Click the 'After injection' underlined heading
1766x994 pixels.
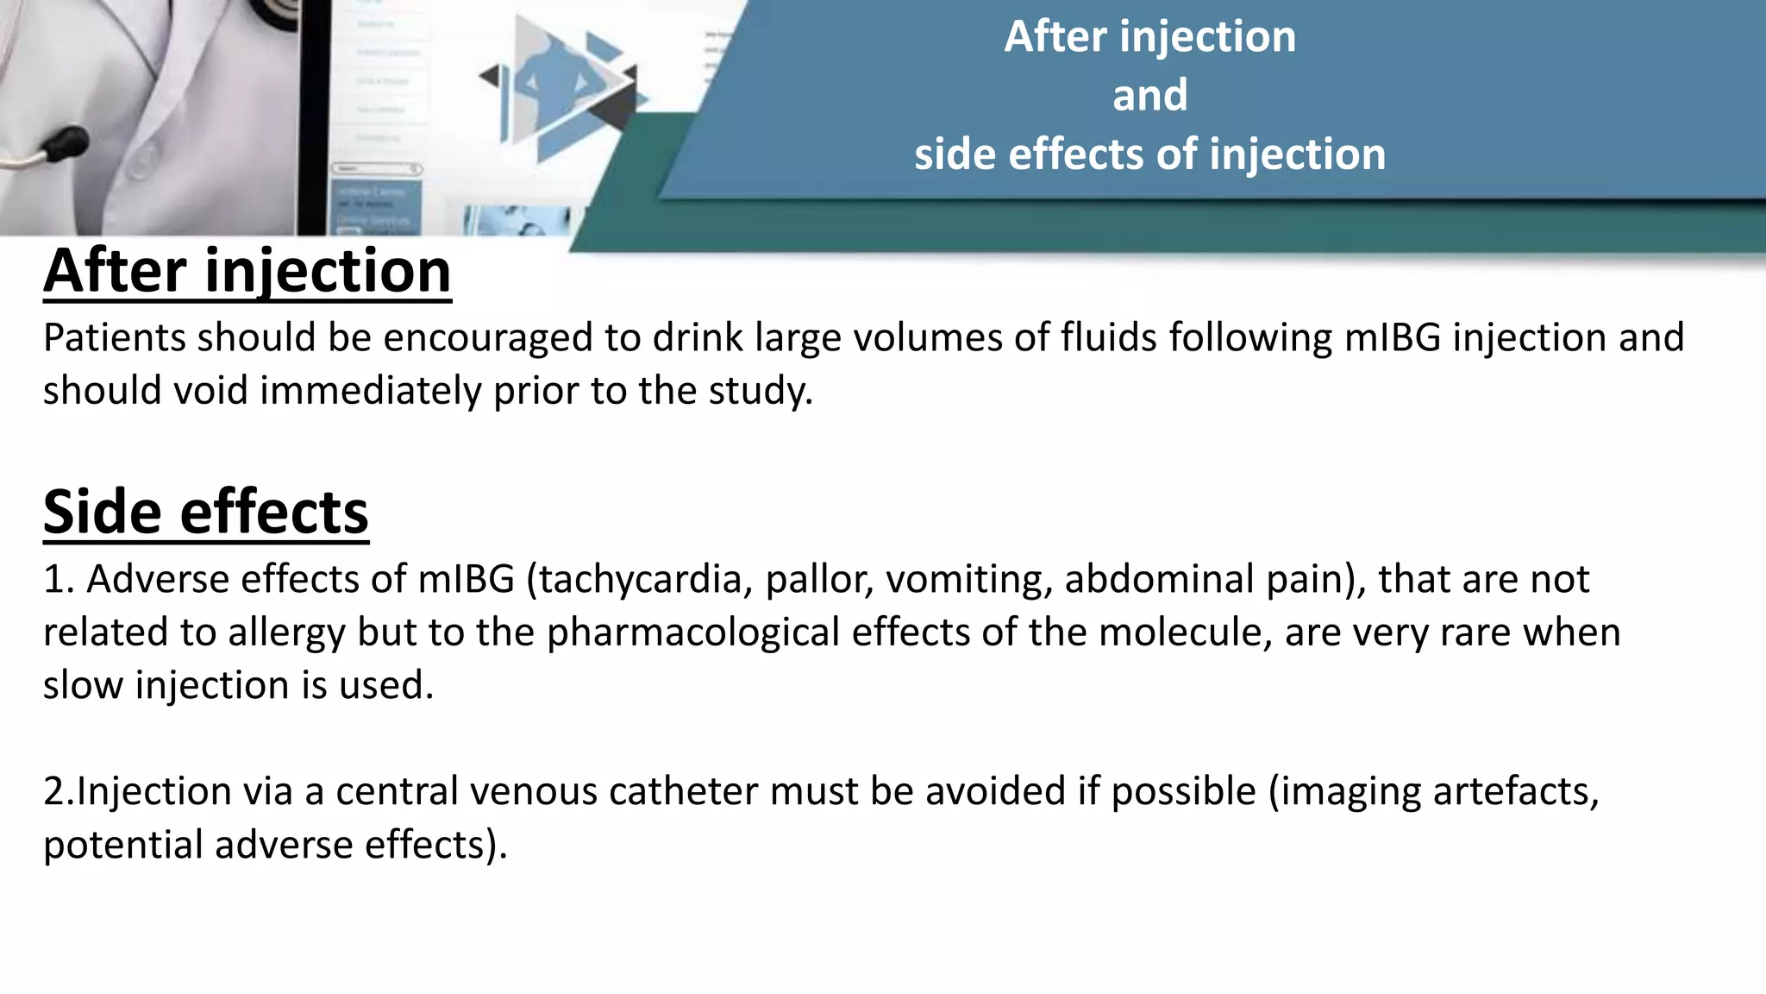click(247, 271)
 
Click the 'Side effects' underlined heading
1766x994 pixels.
click(206, 512)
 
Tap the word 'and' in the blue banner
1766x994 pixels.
click(1149, 95)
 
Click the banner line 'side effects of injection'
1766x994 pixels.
click(1149, 155)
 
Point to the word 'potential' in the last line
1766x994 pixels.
click(123, 845)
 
